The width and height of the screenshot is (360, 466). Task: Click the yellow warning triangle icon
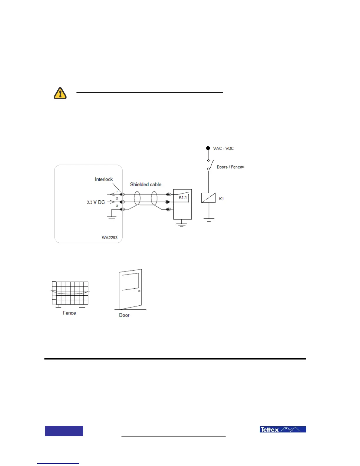(60, 93)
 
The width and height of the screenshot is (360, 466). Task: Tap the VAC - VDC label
(223, 149)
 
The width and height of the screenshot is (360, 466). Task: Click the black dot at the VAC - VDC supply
(208, 148)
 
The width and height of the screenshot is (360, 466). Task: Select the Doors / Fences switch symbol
(210, 165)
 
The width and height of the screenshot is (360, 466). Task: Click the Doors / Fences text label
(230, 167)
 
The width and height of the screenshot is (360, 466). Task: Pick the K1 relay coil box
(208, 198)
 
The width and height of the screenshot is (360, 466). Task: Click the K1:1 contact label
(183, 197)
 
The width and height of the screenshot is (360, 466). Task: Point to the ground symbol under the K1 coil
(209, 219)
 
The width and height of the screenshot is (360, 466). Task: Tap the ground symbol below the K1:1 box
(181, 225)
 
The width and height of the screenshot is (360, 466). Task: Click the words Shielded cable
(146, 184)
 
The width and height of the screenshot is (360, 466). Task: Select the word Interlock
(104, 179)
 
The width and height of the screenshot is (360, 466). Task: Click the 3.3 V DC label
(96, 202)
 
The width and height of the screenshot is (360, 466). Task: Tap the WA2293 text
(109, 238)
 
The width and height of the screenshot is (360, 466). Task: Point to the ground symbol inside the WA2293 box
(111, 218)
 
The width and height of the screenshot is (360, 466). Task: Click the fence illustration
(70, 293)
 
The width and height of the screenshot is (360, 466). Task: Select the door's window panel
(130, 282)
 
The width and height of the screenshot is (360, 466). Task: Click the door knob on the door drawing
(139, 291)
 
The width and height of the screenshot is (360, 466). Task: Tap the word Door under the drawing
(124, 315)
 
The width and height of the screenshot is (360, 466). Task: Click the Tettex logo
(283, 430)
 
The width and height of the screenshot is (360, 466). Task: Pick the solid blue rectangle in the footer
(64, 431)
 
